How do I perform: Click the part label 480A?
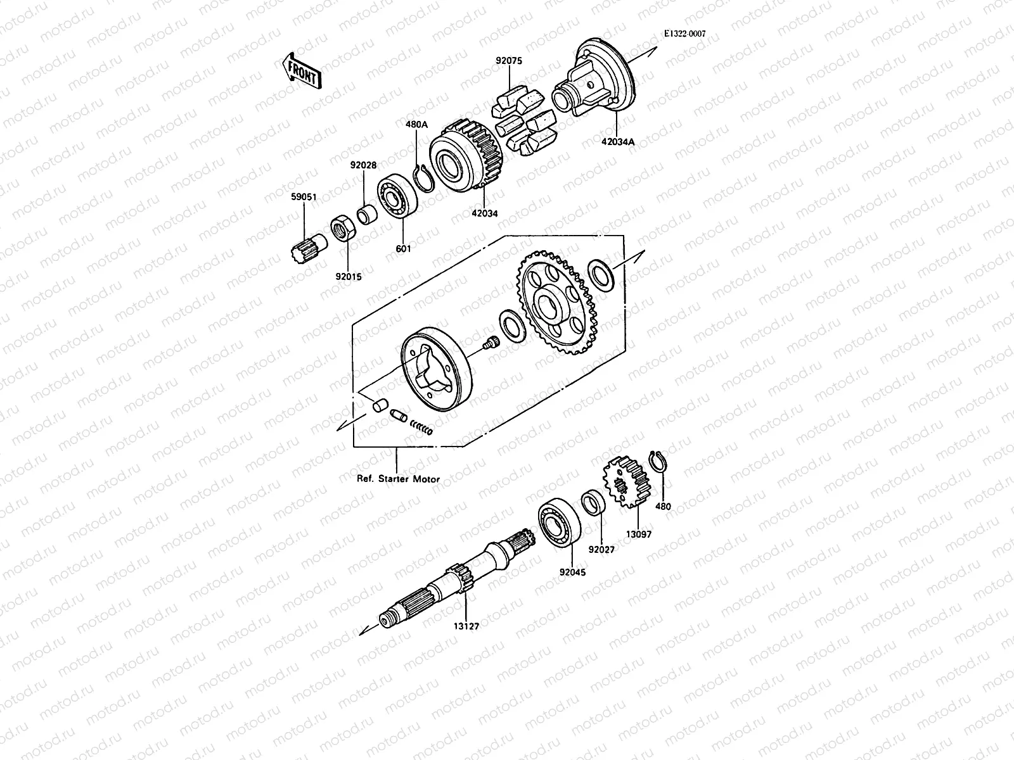[x=416, y=125]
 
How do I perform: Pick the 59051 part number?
[x=304, y=197]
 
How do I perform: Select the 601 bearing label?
[x=403, y=249]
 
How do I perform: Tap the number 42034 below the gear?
[x=484, y=213]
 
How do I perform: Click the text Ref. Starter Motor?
[x=398, y=479]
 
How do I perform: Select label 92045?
[x=572, y=573]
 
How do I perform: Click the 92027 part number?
[x=601, y=550]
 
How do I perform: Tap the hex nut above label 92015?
[x=342, y=229]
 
